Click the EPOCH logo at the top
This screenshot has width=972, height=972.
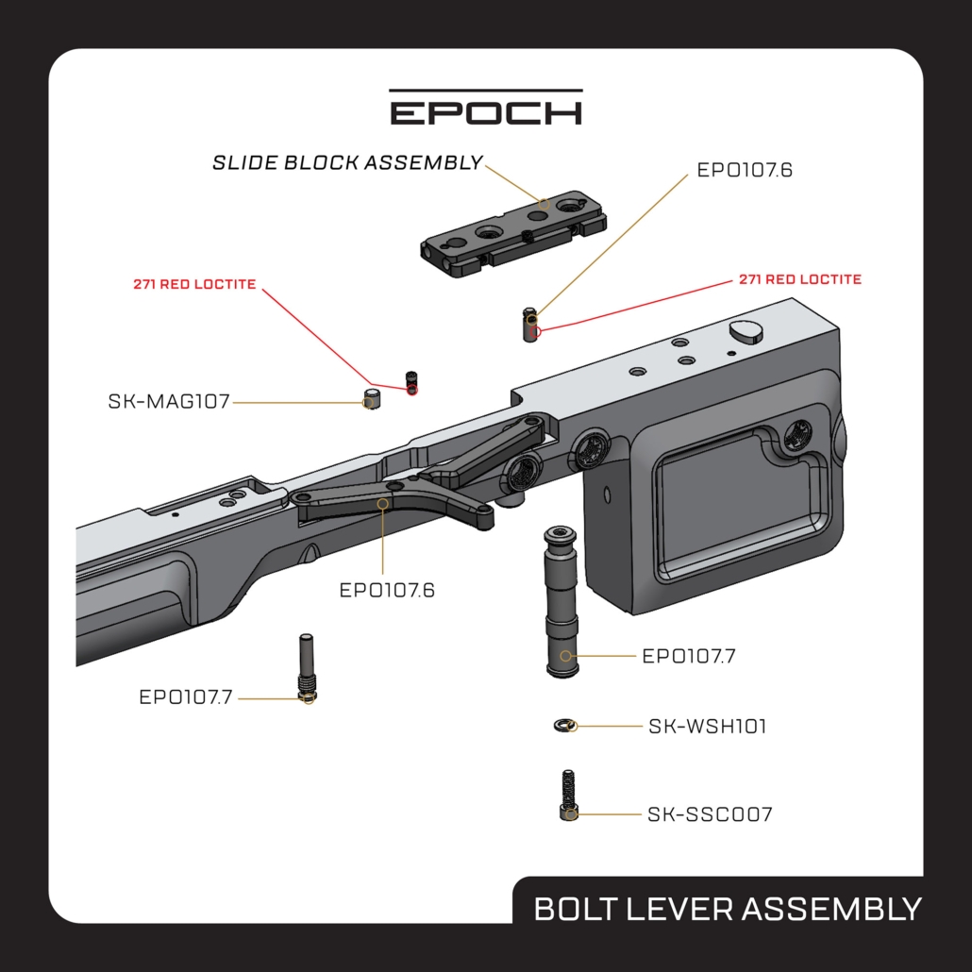click(486, 108)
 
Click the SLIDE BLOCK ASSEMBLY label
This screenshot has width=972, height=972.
click(347, 162)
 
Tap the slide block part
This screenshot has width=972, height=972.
click(512, 234)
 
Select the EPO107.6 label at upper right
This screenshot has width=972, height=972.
click(745, 170)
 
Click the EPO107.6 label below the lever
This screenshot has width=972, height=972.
click(387, 590)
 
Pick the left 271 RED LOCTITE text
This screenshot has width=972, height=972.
click(194, 284)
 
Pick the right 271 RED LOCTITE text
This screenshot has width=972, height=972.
click(799, 279)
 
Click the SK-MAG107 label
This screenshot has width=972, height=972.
click(169, 402)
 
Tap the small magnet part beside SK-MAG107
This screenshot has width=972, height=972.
click(371, 399)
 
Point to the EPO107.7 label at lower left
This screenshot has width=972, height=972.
click(185, 697)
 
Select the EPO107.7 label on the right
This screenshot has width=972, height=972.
click(689, 656)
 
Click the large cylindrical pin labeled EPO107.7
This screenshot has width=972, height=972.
click(561, 602)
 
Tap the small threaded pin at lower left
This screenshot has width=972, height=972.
click(307, 668)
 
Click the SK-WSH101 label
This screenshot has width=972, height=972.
click(708, 726)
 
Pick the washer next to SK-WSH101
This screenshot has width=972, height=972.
click(564, 725)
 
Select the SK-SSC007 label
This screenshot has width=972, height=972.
click(710, 813)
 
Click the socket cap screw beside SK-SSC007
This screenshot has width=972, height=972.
click(568, 796)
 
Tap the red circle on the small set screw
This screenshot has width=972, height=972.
click(411, 390)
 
